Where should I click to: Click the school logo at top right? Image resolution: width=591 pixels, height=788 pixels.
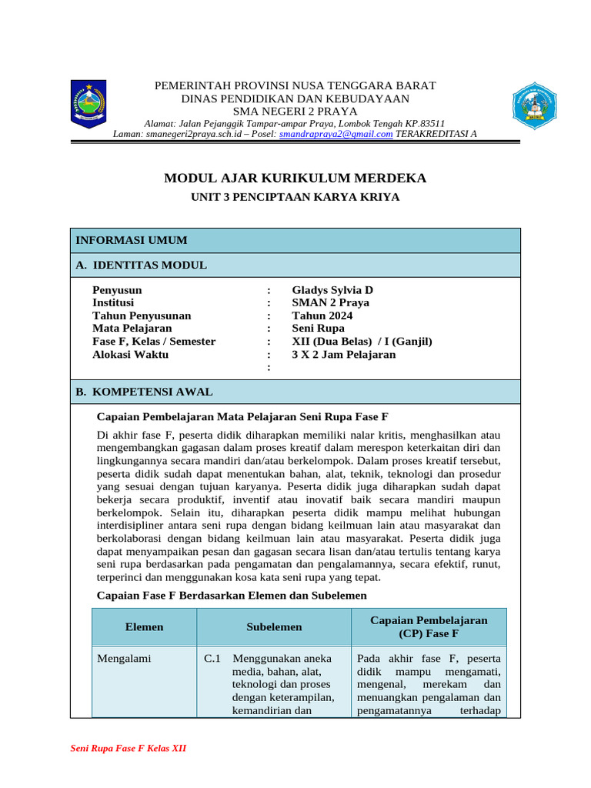click(x=534, y=105)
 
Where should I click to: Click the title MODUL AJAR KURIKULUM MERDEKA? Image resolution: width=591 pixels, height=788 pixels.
click(x=295, y=179)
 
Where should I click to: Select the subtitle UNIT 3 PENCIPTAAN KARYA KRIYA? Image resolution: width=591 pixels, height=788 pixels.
click(x=295, y=197)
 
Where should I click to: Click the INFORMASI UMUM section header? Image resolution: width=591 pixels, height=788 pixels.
click(x=131, y=241)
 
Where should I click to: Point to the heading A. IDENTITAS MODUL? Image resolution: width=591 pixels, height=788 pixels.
click(x=141, y=265)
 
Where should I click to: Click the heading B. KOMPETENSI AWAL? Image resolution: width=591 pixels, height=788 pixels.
click(x=144, y=392)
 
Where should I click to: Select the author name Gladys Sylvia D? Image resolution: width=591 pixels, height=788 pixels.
click(x=332, y=290)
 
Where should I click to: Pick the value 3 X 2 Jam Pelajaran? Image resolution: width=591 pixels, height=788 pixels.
click(x=344, y=355)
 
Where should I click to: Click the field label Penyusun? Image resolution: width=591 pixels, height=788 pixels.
click(x=117, y=290)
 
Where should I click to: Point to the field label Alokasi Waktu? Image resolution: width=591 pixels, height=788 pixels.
click(x=130, y=355)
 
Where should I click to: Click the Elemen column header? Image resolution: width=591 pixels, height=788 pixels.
click(x=145, y=627)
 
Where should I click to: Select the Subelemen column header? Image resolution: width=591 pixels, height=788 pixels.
click(x=274, y=627)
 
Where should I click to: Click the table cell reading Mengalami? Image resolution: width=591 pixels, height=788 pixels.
click(x=124, y=659)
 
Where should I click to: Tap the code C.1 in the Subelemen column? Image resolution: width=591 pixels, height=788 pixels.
click(x=213, y=659)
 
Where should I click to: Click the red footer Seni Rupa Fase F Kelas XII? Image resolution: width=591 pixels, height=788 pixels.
click(x=129, y=749)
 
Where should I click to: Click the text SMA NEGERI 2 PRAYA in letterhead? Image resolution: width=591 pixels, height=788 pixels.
click(x=295, y=111)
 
